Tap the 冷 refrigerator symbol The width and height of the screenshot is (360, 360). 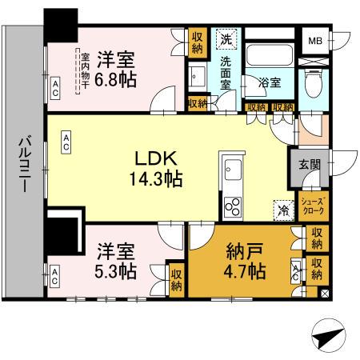(282, 210)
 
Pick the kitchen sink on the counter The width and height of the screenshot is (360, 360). (231, 170)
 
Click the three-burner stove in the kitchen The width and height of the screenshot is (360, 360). (231, 206)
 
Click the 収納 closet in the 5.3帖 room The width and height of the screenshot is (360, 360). (175, 278)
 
